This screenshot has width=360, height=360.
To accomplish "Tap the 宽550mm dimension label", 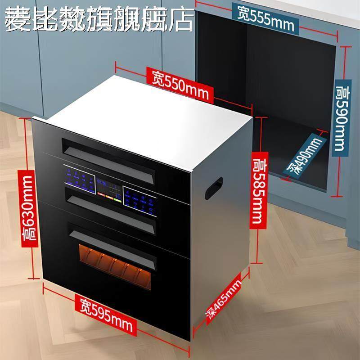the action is pos(180,85).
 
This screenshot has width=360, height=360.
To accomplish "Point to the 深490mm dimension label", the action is pos(306,155).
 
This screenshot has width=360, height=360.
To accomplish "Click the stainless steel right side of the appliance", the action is pos(220,238).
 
